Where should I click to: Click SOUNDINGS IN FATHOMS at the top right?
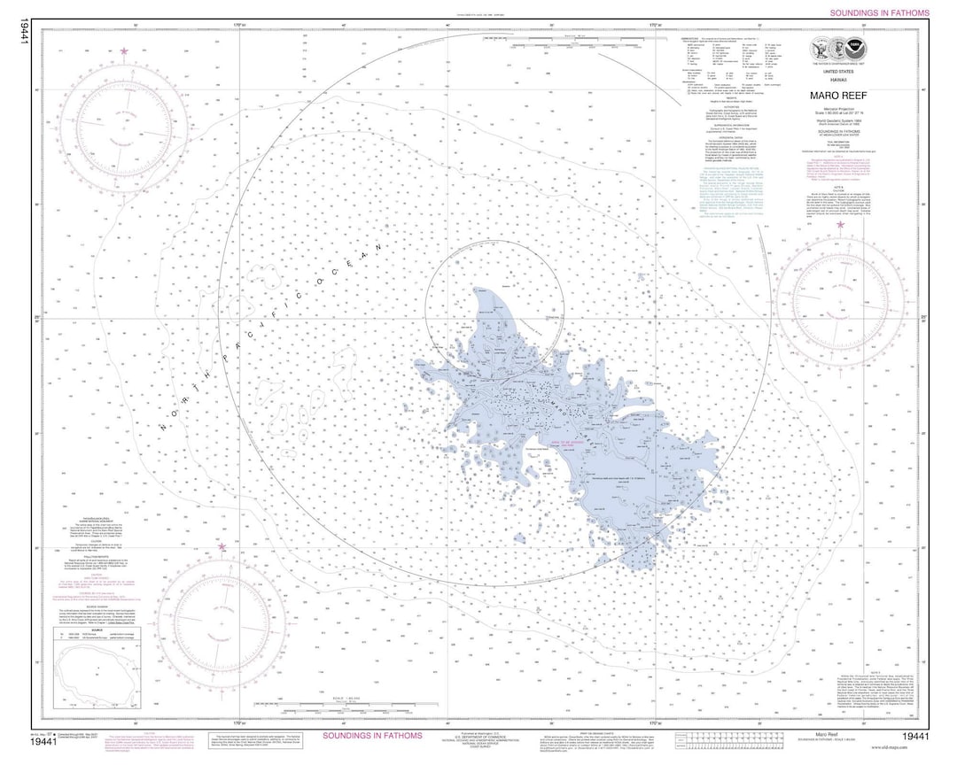pyautogui.click(x=879, y=13)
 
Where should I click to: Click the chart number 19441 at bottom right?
pyautogui.click(x=915, y=737)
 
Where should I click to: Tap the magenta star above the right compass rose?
pyautogui.click(x=841, y=225)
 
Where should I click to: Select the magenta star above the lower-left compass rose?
pyautogui.click(x=222, y=547)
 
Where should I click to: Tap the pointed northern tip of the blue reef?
pyautogui.click(x=478, y=290)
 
